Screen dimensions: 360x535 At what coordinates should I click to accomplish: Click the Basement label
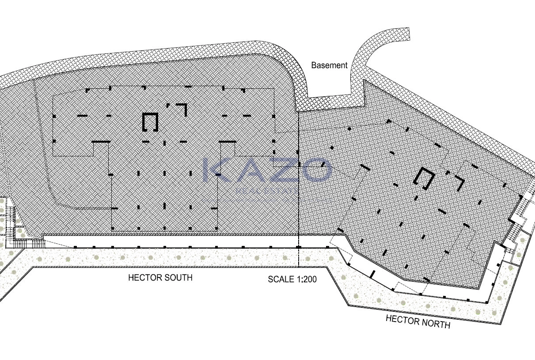[329, 65]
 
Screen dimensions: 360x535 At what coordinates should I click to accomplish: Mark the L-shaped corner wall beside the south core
[182, 109]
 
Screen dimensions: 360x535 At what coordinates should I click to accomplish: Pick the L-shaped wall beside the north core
[458, 182]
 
